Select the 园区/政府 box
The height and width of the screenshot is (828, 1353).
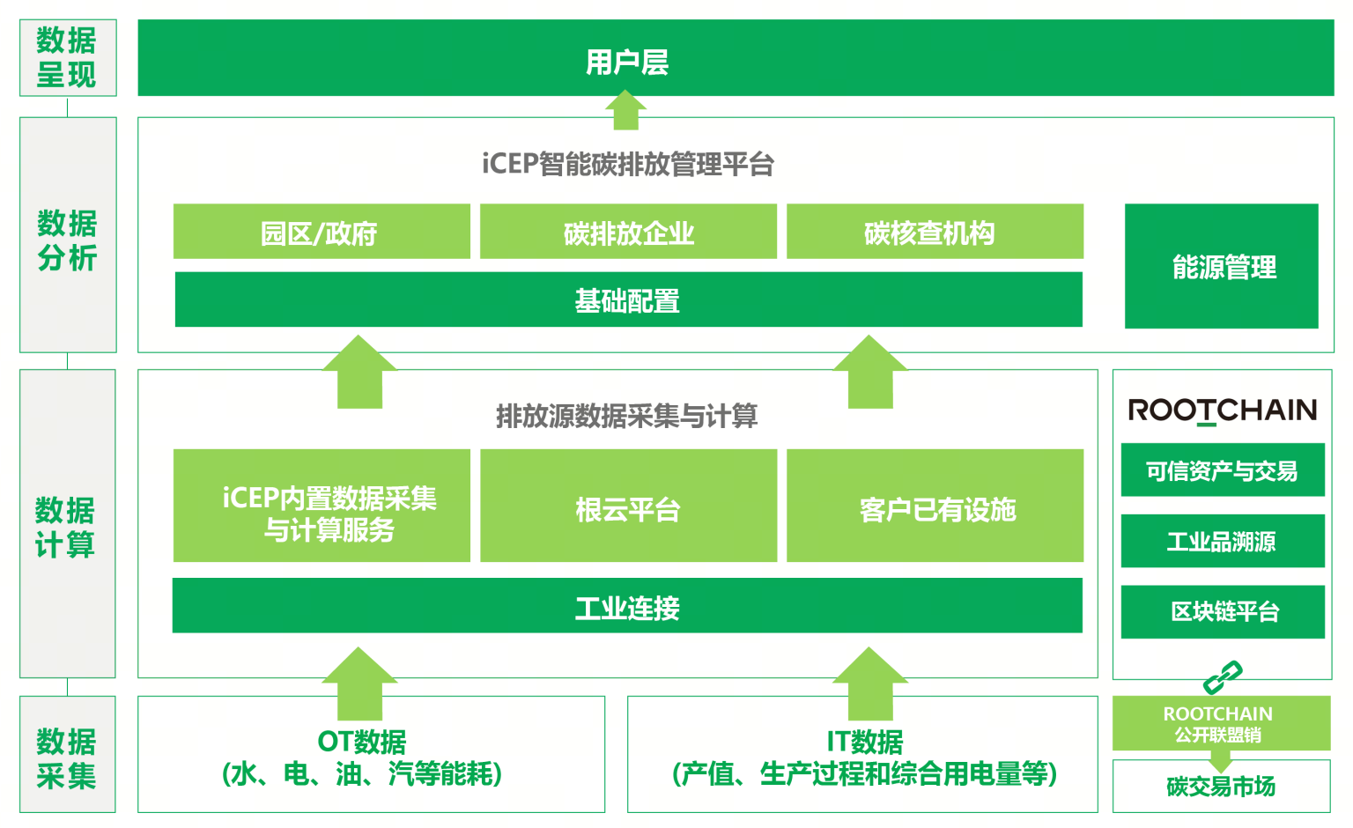pyautogui.click(x=322, y=232)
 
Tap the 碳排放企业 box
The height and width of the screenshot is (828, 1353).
pyautogui.click(x=628, y=232)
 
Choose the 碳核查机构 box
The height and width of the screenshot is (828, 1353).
pyautogui.click(x=935, y=232)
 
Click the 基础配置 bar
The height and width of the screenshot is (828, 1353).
pyautogui.click(x=628, y=299)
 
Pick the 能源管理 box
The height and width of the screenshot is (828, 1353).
pyautogui.click(x=1222, y=266)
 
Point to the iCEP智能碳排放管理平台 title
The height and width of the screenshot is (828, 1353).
pyautogui.click(x=627, y=164)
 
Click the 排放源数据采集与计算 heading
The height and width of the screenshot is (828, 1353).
pyautogui.click(x=626, y=416)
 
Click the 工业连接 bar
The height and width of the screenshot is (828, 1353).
pyautogui.click(x=627, y=606)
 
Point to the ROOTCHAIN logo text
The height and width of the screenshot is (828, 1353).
pyautogui.click(x=1222, y=410)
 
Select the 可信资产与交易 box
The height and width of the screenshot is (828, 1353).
pyautogui.click(x=1223, y=470)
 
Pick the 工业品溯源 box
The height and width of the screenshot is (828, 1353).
pyautogui.click(x=1223, y=541)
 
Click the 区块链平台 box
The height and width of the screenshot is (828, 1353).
pyautogui.click(x=1223, y=611)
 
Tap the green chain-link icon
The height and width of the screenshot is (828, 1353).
pyautogui.click(x=1223, y=676)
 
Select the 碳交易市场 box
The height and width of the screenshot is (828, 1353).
pyautogui.click(x=1221, y=786)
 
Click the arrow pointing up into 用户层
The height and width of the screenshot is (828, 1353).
pyautogui.click(x=626, y=111)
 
